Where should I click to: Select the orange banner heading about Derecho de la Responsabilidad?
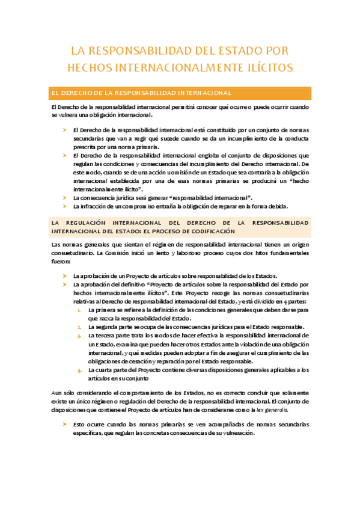pyautogui.click(x=143, y=93)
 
